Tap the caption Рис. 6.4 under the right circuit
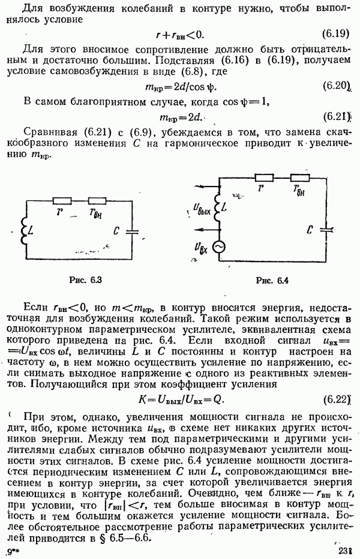coord(272,280)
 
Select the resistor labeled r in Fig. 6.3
coord(62,200)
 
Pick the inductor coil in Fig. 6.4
coord(218,207)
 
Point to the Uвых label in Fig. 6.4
coord(203,208)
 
